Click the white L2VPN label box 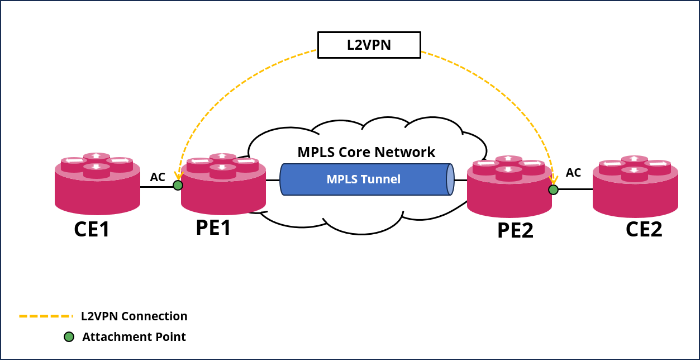(x=369, y=45)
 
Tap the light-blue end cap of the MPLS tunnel (x=450, y=179)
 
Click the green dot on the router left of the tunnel (x=178, y=185)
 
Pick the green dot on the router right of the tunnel (x=553, y=190)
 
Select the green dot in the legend (x=69, y=337)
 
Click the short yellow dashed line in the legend (x=46, y=316)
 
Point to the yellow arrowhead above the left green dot (x=179, y=176)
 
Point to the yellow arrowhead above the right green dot (x=554, y=180)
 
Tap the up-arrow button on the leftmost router (x=97, y=156)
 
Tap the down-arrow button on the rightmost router (x=635, y=170)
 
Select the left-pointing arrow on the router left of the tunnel (x=200, y=161)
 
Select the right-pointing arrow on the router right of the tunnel (x=531, y=164)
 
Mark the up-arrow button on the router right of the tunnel (x=508, y=159)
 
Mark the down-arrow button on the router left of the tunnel (x=222, y=167)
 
